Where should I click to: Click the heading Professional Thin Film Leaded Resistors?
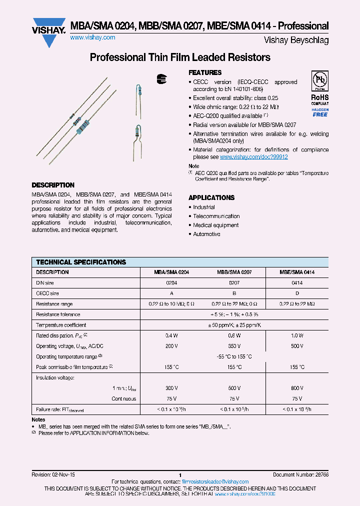[180, 57]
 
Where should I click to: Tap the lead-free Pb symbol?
[319, 81]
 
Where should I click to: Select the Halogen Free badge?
[320, 112]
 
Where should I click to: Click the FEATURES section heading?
[205, 72]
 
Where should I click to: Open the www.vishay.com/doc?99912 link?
[254, 156]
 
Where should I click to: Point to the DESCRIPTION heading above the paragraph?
[53, 185]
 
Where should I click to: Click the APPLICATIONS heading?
[211, 197]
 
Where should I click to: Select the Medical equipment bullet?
[216, 225]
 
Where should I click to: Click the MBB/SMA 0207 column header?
[234, 272]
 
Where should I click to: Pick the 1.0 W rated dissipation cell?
[297, 335]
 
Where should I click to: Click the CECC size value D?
[297, 293]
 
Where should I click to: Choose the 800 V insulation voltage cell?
[297, 388]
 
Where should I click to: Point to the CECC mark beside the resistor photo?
[160, 78]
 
